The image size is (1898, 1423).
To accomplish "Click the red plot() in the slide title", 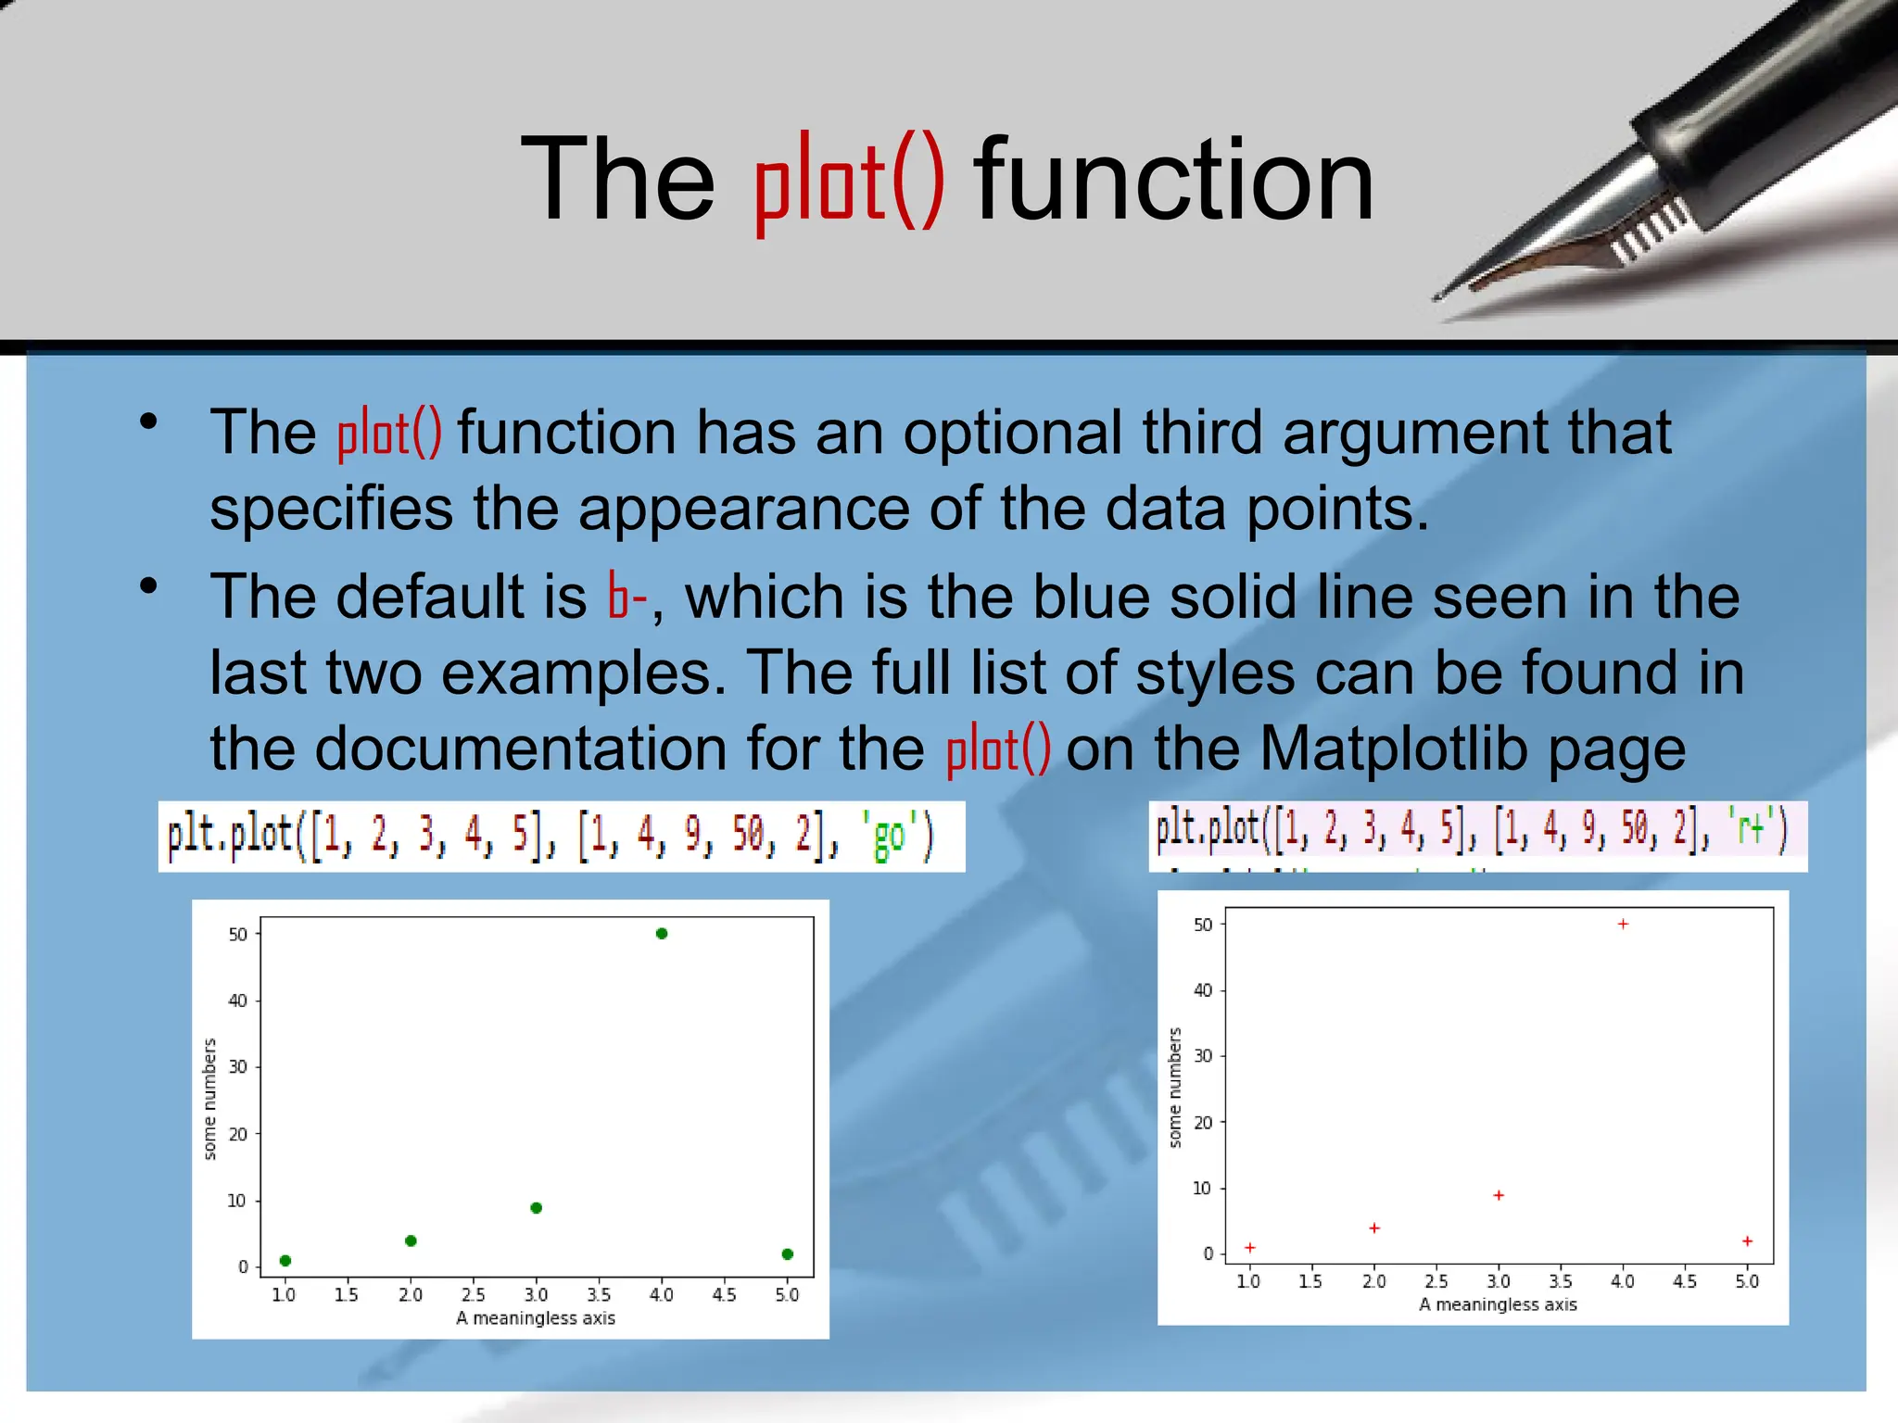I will coord(849,182).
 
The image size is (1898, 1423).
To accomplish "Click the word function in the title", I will coord(1173,180).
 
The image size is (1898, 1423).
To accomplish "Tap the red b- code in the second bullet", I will coord(627,596).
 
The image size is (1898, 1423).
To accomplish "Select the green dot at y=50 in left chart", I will coord(662,933).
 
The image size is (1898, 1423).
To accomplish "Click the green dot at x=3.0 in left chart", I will coord(536,1207).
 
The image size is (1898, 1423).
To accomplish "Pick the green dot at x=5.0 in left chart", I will coord(788,1253).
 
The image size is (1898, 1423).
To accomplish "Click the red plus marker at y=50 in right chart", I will coord(1623,924).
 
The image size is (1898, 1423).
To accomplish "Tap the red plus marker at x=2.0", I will coord(1374,1228).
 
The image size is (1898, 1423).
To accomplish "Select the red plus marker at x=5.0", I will coord(1747,1240).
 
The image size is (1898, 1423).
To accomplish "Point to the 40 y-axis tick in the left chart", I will coord(238,1001).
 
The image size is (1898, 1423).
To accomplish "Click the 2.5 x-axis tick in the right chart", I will coord(1436,1281).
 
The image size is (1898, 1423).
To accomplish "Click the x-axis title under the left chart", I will coord(536,1318).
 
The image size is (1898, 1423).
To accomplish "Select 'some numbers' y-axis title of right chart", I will coord(1175,1088).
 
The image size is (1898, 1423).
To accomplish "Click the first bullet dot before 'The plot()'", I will coord(148,422).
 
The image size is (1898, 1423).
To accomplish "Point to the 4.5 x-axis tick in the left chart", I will coord(725,1294).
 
